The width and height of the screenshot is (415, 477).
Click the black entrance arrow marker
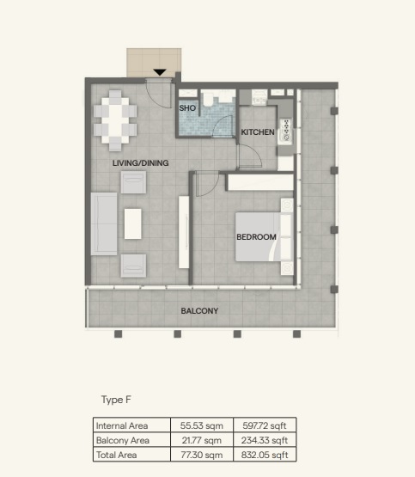click(x=159, y=73)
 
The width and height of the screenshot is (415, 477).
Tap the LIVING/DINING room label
click(x=139, y=162)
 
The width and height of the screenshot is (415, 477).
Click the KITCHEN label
click(x=257, y=132)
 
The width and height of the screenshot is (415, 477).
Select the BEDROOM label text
click(x=256, y=237)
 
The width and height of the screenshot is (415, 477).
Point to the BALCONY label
click(x=198, y=311)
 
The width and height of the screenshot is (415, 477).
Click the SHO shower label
click(x=187, y=109)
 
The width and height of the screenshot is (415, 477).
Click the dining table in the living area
click(x=115, y=119)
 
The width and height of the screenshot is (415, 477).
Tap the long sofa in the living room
click(x=104, y=223)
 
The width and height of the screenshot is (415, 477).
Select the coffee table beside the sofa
click(x=133, y=223)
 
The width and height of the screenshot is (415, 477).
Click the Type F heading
click(x=115, y=400)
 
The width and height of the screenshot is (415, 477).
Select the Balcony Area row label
click(x=122, y=439)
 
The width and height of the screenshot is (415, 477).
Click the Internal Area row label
click(x=122, y=425)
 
